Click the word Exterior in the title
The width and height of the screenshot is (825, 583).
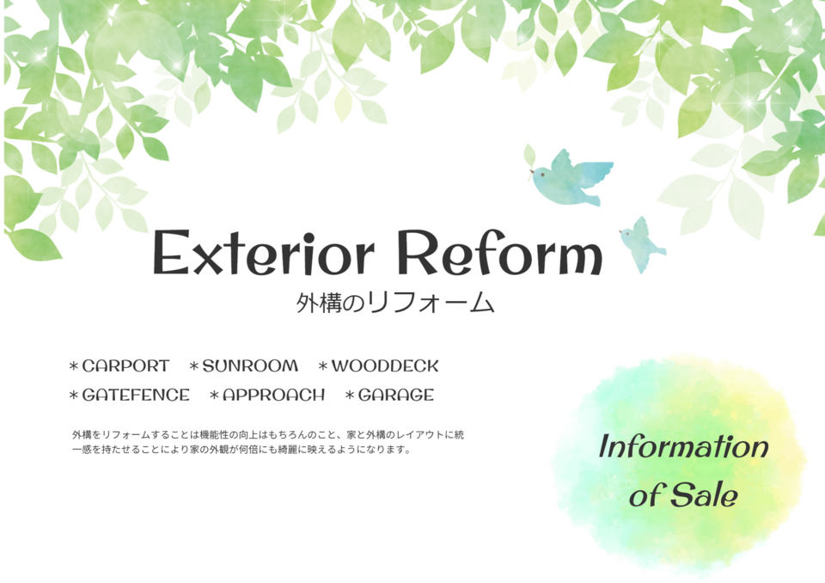click(x=264, y=252)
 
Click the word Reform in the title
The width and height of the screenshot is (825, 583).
click(x=499, y=252)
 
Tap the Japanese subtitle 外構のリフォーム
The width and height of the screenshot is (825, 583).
click(x=395, y=303)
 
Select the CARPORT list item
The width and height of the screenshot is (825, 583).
click(x=119, y=366)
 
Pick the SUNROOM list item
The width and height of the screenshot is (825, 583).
click(x=243, y=366)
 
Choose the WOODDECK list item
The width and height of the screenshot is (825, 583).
click(x=378, y=366)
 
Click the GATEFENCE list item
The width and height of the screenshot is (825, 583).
click(x=130, y=395)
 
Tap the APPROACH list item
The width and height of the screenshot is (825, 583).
click(x=267, y=395)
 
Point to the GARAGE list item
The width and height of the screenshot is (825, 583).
click(x=389, y=395)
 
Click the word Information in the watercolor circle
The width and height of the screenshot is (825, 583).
click(x=683, y=446)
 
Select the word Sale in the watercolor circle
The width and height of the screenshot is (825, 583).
click(x=704, y=495)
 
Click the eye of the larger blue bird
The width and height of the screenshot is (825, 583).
click(x=542, y=173)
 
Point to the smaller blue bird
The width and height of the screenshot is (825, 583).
click(x=642, y=244)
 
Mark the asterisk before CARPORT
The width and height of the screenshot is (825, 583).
click(x=74, y=366)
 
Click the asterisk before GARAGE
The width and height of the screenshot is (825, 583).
click(x=350, y=395)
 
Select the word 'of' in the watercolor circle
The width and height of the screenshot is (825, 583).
click(x=646, y=495)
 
